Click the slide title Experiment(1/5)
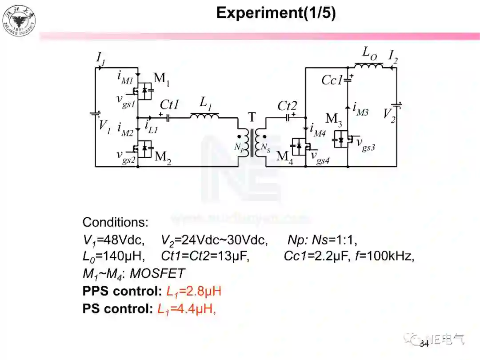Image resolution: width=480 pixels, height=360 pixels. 276,13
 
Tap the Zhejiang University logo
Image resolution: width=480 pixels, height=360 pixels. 19,20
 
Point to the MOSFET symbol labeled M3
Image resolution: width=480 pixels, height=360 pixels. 342,139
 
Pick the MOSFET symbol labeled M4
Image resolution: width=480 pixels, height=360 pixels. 299,146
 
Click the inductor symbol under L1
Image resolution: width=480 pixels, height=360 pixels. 204,116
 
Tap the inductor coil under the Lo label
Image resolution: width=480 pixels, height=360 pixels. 368,67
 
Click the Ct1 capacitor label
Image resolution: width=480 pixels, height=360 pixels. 169,105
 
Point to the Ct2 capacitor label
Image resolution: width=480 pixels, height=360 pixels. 287,106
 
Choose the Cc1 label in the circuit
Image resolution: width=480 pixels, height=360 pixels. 332,80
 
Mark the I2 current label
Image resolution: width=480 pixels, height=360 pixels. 393,56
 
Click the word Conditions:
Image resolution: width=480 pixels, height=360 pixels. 116,222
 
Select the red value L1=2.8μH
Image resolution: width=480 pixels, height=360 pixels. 194,292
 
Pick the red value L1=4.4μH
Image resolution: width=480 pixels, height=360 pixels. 187,309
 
